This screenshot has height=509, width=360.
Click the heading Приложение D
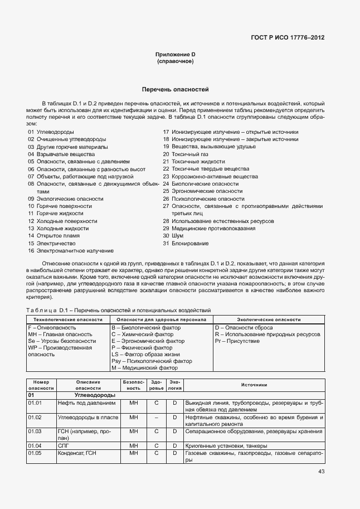[175, 55]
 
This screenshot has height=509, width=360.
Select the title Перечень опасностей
[175, 89]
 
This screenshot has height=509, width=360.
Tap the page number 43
[321, 471]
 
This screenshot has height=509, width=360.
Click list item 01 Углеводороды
[47, 132]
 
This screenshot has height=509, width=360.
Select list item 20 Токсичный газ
[185, 154]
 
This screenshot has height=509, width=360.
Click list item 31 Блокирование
[186, 243]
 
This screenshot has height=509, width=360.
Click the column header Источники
[254, 385]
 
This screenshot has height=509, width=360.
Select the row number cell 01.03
[35, 431]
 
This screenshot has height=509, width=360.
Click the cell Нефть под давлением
[86, 402]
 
